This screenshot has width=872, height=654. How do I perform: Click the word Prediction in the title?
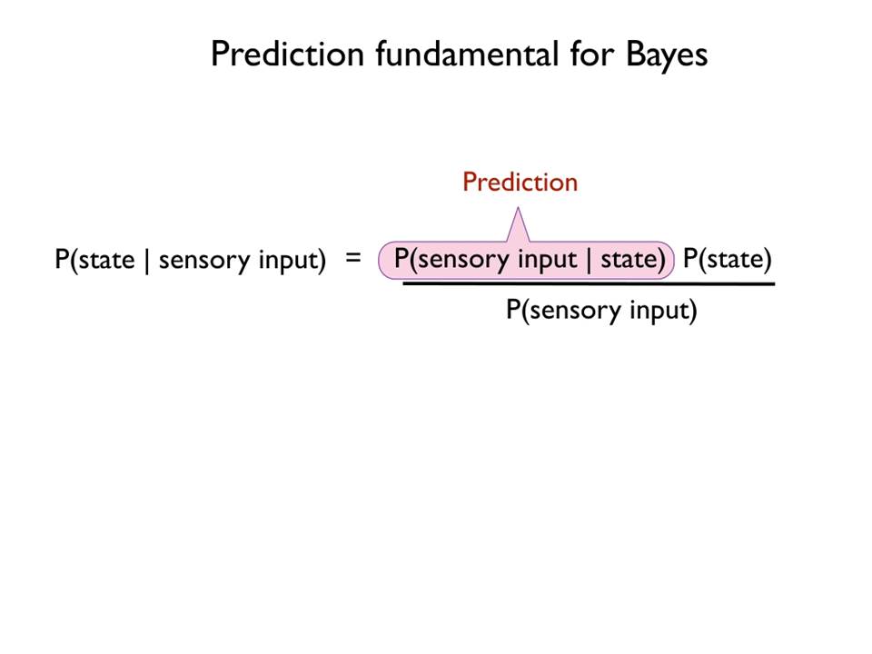[x=287, y=54]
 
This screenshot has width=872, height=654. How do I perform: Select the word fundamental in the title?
[x=467, y=54]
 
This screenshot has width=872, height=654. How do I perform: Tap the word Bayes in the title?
[x=667, y=55]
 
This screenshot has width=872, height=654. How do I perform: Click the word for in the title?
[x=592, y=54]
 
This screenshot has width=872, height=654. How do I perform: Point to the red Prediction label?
[x=520, y=182]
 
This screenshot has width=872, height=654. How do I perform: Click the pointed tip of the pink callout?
[x=519, y=208]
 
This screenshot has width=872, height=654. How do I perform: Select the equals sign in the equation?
[x=353, y=257]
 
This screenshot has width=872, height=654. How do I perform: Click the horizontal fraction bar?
[x=589, y=283]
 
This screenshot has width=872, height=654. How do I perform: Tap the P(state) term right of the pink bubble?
[x=728, y=259]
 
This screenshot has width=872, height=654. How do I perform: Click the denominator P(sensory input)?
[x=601, y=311]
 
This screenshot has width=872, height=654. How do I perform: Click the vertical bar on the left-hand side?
[x=147, y=261]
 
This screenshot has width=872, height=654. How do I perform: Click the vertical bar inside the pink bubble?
[x=589, y=260]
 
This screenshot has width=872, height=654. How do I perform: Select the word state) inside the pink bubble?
[x=633, y=259]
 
